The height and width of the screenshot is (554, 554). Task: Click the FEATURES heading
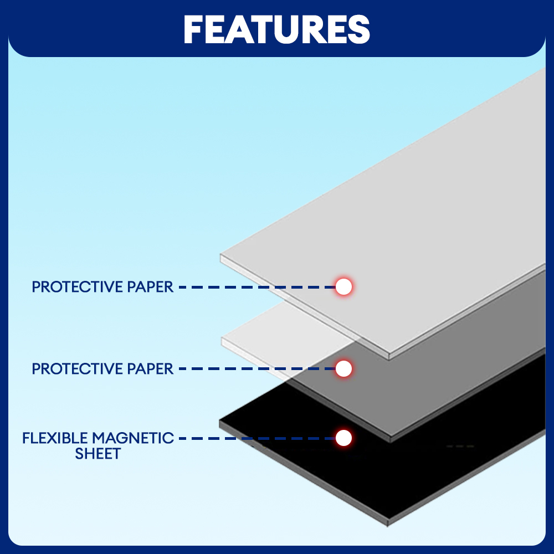click(x=277, y=29)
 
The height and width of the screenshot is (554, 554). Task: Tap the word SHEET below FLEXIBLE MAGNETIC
click(x=98, y=454)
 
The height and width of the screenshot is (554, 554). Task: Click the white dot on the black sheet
click(x=344, y=438)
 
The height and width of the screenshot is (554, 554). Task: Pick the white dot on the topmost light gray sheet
click(x=344, y=286)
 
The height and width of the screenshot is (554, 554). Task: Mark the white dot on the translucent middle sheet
click(x=344, y=368)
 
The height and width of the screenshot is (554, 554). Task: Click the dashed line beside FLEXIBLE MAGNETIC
click(x=255, y=438)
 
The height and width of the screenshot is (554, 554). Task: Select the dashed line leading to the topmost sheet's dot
click(x=255, y=287)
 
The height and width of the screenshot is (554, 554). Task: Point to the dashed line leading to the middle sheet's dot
click(x=255, y=368)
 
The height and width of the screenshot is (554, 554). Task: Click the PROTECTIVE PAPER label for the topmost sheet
click(x=102, y=287)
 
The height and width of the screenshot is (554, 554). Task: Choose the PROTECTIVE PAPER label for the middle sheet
click(x=102, y=368)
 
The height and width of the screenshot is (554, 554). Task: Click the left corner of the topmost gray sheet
click(x=222, y=257)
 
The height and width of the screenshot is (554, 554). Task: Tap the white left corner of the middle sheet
click(x=223, y=340)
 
